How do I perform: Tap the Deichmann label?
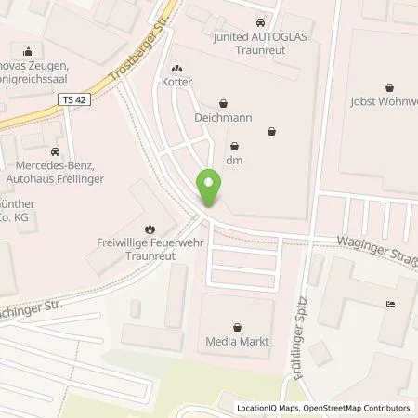point(223,119)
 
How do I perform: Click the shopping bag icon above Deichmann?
point(223,104)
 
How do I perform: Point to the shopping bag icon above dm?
point(234,145)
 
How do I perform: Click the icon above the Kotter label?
point(176,69)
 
